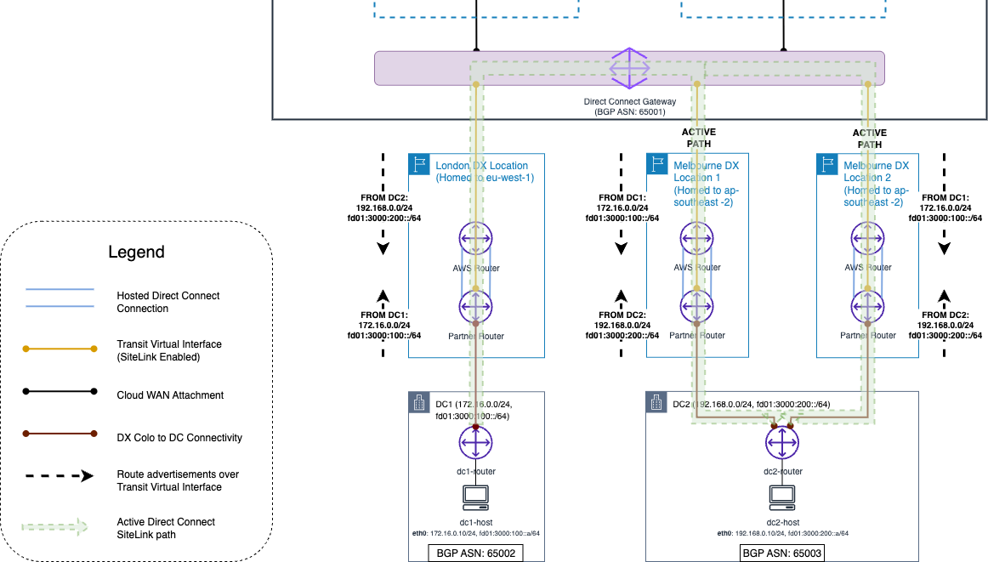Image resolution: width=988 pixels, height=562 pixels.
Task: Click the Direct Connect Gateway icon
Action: [629, 68]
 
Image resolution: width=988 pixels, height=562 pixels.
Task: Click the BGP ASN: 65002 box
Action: [476, 553]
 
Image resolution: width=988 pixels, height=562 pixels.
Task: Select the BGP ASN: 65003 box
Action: [782, 553]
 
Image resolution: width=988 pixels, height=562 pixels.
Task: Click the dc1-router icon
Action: [476, 442]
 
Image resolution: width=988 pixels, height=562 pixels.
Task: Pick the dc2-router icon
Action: [782, 442]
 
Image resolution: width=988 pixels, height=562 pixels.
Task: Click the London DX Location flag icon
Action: [418, 164]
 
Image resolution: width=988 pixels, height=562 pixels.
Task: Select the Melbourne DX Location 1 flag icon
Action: [656, 164]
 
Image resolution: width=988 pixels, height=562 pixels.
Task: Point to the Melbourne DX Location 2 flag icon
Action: [826, 164]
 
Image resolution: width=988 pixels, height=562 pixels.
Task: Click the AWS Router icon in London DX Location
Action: [476, 240]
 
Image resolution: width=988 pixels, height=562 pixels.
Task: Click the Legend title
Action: [136, 253]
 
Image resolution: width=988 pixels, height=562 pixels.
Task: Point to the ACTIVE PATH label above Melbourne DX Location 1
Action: [699, 138]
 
